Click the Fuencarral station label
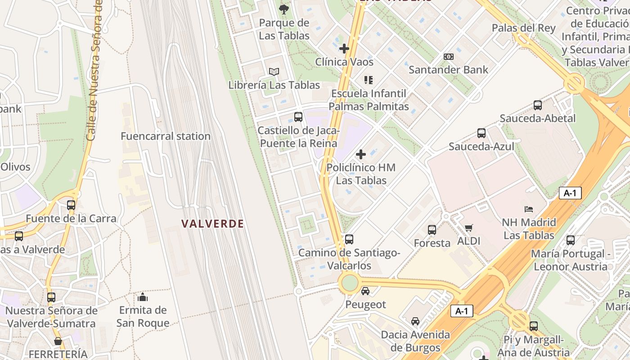pos(166,136)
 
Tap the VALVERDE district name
pos(212,224)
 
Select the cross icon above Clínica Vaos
pos(344,49)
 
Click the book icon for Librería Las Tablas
pos(274,72)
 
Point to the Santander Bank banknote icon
pos(448,57)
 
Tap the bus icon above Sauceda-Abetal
pos(537,105)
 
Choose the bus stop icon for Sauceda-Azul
pos(481,133)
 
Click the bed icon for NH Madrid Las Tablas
pos(529,209)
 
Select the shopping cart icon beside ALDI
pos(469,228)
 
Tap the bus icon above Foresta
pos(432,230)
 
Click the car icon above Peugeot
pos(365,291)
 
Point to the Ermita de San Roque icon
pos(143,297)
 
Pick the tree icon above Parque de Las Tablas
pos(284,9)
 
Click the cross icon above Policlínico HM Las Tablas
pos(360,154)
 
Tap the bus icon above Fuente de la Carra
pos(71,205)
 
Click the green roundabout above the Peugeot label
pos(350,283)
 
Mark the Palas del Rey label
pos(523,28)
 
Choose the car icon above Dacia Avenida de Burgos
pos(415,321)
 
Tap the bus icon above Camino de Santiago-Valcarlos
pos(349,239)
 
